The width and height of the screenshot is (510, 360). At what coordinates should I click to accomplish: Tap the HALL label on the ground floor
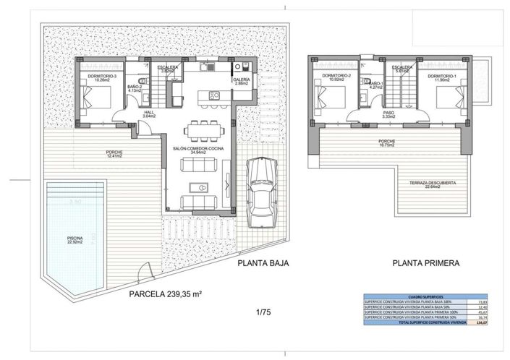point(150,115)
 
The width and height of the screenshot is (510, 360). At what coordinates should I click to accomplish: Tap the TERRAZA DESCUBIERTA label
point(434,185)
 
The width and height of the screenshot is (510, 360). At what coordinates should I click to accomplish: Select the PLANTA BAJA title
point(263,264)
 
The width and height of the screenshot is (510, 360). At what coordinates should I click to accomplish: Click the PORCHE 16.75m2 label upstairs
point(388,143)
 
